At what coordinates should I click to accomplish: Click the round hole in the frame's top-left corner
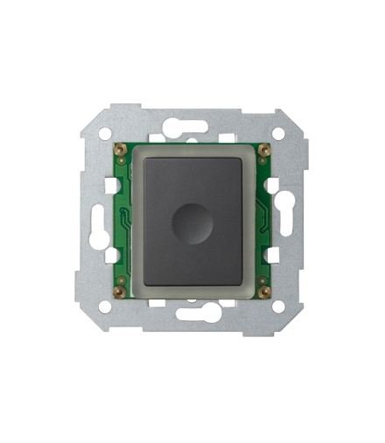[105, 133]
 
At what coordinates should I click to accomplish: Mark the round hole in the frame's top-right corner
[278, 133]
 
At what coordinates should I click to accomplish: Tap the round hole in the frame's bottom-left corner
[105, 307]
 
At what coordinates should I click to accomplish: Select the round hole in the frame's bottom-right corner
[278, 307]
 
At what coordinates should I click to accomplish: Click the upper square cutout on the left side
[111, 186]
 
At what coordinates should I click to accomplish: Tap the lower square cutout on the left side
[111, 255]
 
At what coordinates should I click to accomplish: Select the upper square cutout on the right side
[273, 186]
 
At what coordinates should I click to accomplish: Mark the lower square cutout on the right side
[273, 255]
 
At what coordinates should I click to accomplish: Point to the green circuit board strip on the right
[260, 219]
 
